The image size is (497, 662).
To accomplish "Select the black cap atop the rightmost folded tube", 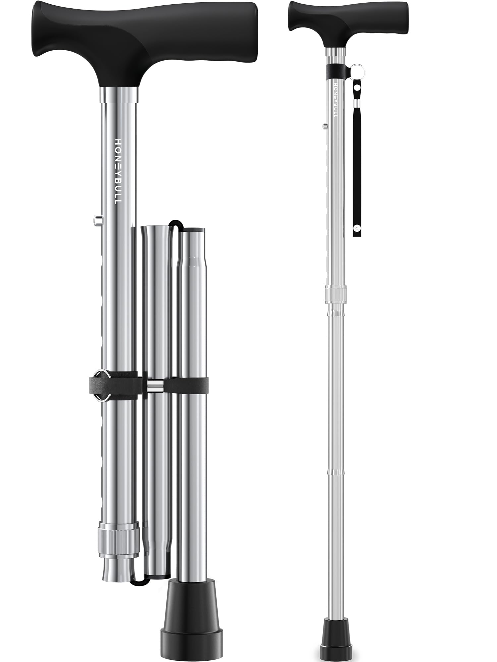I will (x=193, y=229).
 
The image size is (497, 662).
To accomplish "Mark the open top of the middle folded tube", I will (x=154, y=228).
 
